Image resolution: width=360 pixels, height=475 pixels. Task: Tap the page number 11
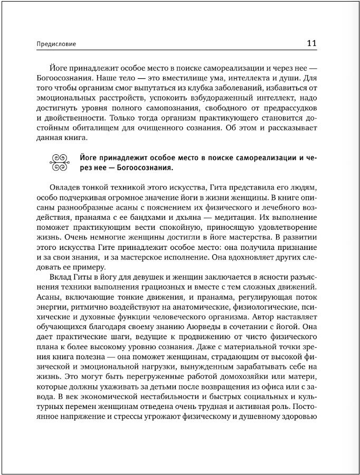311,43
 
